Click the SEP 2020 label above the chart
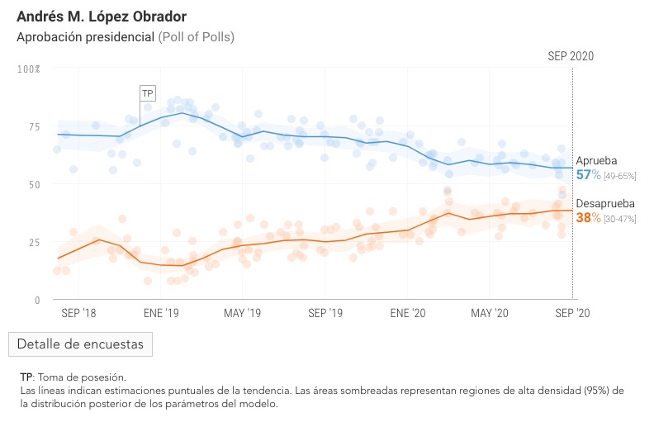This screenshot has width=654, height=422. pyautogui.click(x=571, y=56)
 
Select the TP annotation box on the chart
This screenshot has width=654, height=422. pyautogui.click(x=148, y=93)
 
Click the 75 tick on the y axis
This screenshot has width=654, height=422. pyautogui.click(x=34, y=126)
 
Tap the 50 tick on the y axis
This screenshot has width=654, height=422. pyautogui.click(x=34, y=184)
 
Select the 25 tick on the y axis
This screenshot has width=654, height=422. pyautogui.click(x=34, y=242)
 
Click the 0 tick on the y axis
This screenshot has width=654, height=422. pyautogui.click(x=36, y=300)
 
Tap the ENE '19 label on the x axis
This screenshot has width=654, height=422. pyautogui.click(x=161, y=314)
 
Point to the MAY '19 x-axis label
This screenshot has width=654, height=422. pyautogui.click(x=243, y=314)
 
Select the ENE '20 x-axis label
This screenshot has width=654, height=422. pyautogui.click(x=407, y=314)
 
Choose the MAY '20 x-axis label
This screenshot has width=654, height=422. pyautogui.click(x=490, y=314)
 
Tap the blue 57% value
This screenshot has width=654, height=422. pyautogui.click(x=588, y=175)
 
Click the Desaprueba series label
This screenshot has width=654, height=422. pyautogui.click(x=605, y=204)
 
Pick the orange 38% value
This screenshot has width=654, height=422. pyautogui.click(x=588, y=218)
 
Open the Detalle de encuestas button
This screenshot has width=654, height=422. pyautogui.click(x=80, y=344)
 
